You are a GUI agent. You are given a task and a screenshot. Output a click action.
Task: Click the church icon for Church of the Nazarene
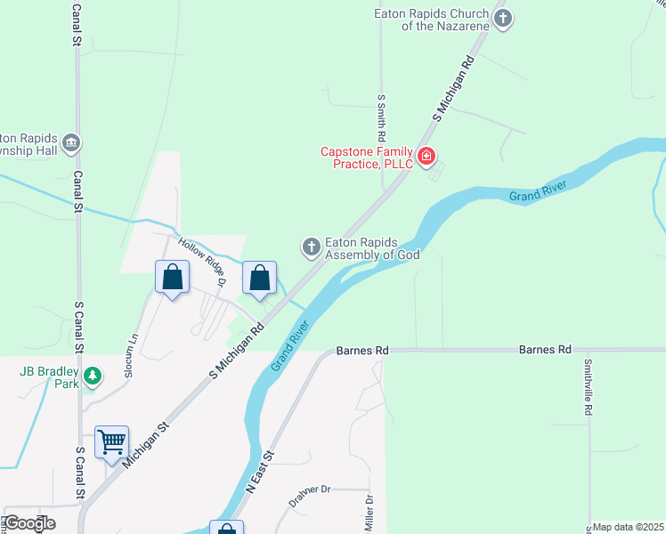click(503, 19)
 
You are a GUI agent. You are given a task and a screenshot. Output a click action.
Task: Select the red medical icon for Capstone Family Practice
click(426, 158)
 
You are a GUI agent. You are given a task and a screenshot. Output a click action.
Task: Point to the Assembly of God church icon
click(312, 247)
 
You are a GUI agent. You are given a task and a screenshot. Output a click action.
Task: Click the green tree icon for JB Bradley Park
click(92, 377)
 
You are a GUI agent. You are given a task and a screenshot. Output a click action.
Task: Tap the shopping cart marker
click(112, 441)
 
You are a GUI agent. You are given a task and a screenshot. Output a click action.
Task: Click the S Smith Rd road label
click(381, 119)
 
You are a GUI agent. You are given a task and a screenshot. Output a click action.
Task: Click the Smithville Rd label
click(588, 387)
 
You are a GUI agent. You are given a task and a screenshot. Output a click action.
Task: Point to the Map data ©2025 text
click(628, 527)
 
